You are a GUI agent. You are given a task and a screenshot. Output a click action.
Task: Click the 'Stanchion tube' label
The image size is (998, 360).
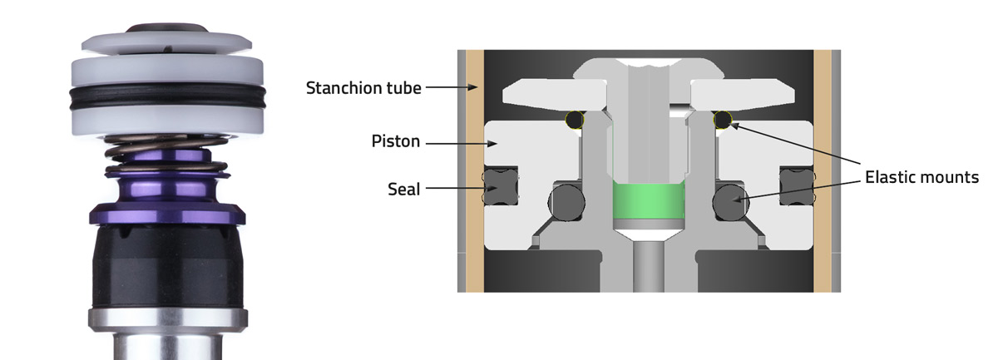pyautogui.click(x=362, y=87)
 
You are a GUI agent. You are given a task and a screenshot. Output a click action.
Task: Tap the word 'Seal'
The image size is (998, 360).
pyautogui.click(x=404, y=190)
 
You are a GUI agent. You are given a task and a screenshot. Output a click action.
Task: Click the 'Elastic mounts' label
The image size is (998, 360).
pyautogui.click(x=921, y=177)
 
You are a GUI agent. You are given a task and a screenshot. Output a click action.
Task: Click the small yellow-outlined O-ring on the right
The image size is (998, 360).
pyautogui.click(x=721, y=121)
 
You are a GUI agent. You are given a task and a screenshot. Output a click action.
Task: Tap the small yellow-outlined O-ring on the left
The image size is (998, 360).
pyautogui.click(x=573, y=121)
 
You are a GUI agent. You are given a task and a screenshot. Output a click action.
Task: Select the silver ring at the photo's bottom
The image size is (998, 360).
pyautogui.click(x=166, y=319)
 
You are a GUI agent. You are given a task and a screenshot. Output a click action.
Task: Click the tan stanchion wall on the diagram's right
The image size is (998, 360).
pyautogui.click(x=823, y=166)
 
